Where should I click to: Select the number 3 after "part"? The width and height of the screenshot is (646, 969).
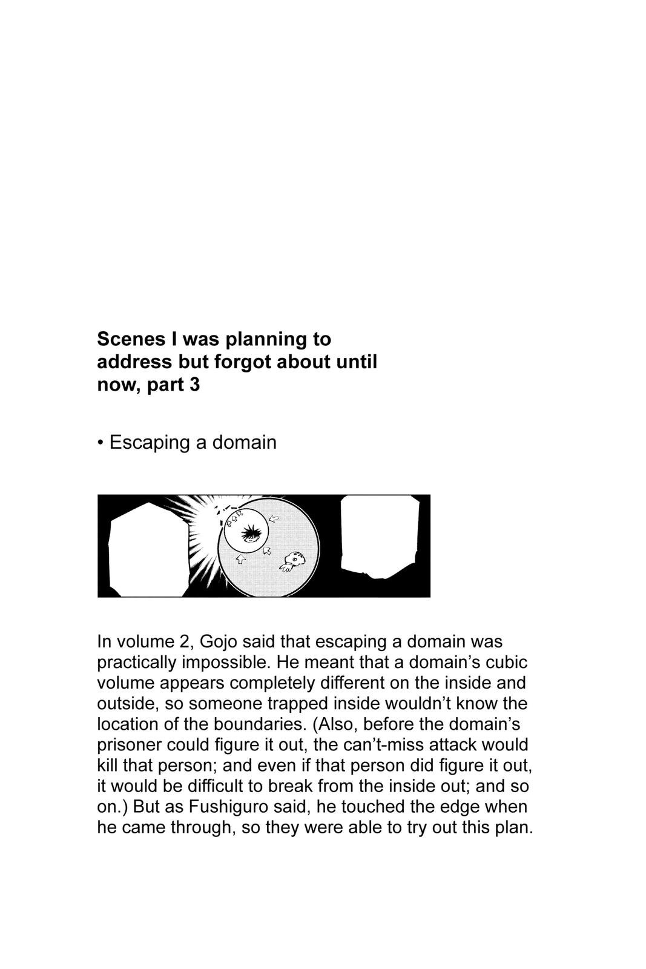pos(194,385)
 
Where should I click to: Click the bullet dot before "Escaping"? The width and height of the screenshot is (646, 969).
pos(101,443)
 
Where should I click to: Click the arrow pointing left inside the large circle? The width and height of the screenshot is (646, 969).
pos(274,518)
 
